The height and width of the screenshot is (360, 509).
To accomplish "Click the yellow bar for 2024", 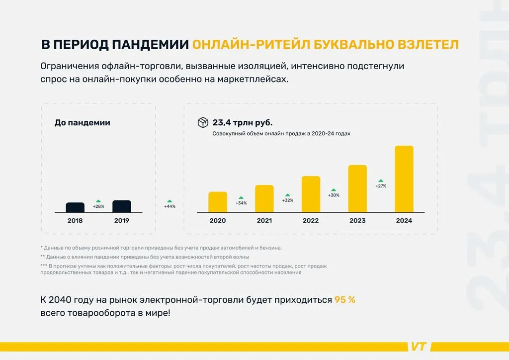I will pos(404,179).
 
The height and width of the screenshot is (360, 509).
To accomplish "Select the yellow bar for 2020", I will pos(217,202).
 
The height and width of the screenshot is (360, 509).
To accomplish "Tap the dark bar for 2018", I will pos(75,207).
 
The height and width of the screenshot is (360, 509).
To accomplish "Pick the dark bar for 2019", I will pos(122,206).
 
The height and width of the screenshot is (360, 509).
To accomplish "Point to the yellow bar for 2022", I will pos(311,194).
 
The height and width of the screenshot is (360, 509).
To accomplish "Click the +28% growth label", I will pos(98,206).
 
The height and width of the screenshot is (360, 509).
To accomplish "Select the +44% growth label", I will pos(170,206).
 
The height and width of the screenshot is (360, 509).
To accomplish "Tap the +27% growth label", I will pos(381,186).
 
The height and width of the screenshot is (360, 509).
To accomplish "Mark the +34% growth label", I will pos(241,202).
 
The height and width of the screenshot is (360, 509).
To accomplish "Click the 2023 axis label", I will pos(357,220).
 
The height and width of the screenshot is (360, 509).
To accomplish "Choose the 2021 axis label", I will pos(264,220).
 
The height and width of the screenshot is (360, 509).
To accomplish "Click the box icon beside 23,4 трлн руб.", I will pos(203,122).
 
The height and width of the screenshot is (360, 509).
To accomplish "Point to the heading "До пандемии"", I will pos(82,122).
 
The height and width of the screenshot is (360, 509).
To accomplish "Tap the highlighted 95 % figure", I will pos(344,300).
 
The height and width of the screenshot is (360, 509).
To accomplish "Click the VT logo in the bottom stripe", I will pos(419,347).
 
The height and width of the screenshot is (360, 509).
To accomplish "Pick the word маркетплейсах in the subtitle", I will pos(253,79).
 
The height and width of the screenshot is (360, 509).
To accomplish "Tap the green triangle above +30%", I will pos(334,189).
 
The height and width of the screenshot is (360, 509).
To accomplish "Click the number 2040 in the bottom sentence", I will pos(64,300).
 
